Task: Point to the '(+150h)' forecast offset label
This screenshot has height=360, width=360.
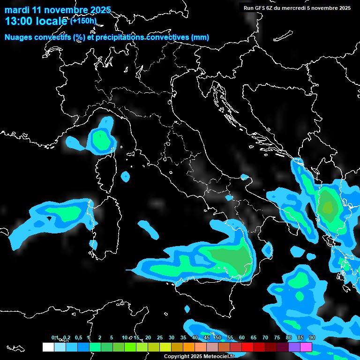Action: tap(83, 21)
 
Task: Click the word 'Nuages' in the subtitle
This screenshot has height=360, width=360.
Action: tap(19, 37)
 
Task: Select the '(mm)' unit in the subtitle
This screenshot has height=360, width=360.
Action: tap(200, 37)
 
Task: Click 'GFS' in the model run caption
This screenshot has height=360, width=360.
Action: tap(260, 8)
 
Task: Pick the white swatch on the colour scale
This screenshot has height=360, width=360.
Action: tap(48, 347)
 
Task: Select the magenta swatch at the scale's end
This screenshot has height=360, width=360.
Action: tap(306, 347)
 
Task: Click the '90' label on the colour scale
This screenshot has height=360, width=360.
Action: tap(312, 338)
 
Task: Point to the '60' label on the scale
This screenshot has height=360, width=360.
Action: tap(241, 338)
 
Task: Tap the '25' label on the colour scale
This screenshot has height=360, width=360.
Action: tap(160, 338)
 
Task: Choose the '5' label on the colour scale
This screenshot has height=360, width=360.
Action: tap(111, 338)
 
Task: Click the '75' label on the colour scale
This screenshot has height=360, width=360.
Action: tap(277, 338)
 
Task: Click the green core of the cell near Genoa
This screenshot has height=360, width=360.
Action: tap(100, 139)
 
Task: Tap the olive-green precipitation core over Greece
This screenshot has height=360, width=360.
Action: tap(328, 206)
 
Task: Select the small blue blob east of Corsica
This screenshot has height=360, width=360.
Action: tap(125, 176)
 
